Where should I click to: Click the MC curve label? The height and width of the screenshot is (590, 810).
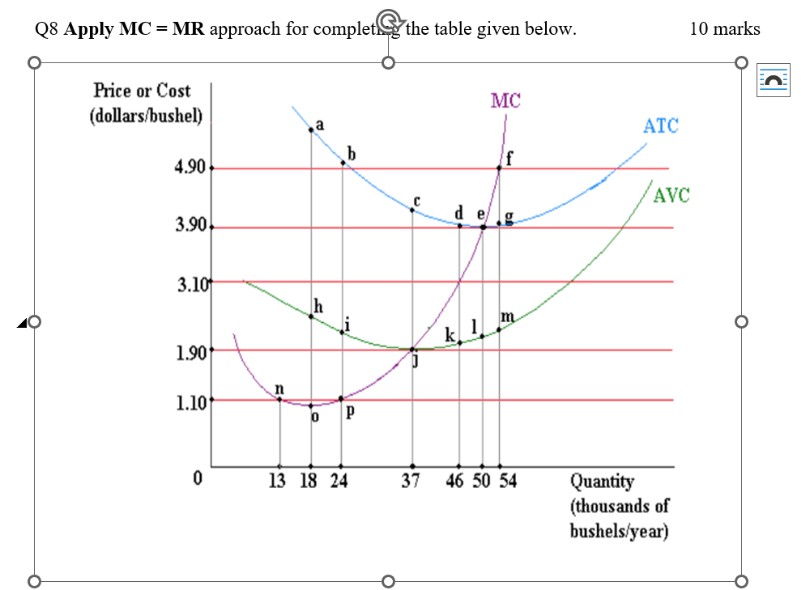click(x=505, y=100)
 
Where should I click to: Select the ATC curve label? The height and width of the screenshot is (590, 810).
click(x=661, y=125)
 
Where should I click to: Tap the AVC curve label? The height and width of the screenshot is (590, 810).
click(x=671, y=195)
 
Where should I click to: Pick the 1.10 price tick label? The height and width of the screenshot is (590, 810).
click(x=190, y=400)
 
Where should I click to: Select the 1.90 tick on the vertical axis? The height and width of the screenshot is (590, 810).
click(x=190, y=350)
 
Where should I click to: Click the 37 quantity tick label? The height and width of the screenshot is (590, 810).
click(x=412, y=482)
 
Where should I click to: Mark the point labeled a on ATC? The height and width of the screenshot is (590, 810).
click(x=311, y=129)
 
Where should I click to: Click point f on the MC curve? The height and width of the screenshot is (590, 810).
click(x=499, y=168)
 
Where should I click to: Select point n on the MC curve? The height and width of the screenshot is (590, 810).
click(x=279, y=398)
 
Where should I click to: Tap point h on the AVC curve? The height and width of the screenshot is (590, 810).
click(x=311, y=316)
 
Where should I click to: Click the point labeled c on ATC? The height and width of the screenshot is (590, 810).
click(x=412, y=210)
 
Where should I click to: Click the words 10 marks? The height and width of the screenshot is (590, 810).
click(x=724, y=29)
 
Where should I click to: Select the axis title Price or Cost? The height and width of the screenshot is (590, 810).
click(x=143, y=90)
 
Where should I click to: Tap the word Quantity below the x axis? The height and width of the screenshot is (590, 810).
click(x=603, y=482)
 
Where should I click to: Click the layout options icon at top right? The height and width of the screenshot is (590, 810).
click(x=774, y=80)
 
